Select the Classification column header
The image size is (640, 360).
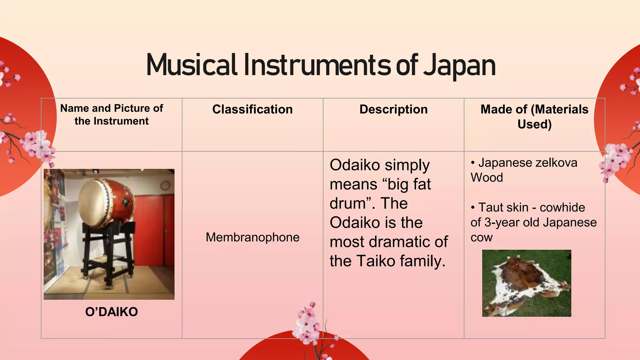pyautogui.click(x=252, y=109)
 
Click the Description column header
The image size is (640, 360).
pyautogui.click(x=393, y=109)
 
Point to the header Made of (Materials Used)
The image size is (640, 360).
pyautogui.click(x=534, y=117)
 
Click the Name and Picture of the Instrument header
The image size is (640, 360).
pyautogui.click(x=112, y=114)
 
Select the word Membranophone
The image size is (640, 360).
pyautogui.click(x=252, y=237)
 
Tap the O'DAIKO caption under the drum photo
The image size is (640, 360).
pyautogui.click(x=112, y=312)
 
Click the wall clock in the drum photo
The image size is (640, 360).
pyautogui.click(x=165, y=186)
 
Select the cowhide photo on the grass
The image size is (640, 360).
pyautogui.click(x=527, y=283)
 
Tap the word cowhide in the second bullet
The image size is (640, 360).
pyautogui.click(x=562, y=207)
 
